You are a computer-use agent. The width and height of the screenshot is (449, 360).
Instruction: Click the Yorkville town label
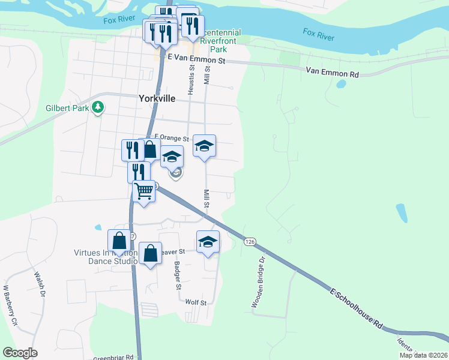157,99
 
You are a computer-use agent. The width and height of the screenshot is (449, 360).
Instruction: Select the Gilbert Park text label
67,109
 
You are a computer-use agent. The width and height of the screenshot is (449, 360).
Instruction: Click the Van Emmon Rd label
332,73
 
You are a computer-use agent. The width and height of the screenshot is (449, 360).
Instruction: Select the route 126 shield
250,241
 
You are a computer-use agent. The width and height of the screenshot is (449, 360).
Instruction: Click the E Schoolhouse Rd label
356,307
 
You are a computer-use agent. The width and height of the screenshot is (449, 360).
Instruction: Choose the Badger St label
178,275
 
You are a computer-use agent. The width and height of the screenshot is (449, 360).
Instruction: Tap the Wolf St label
196,303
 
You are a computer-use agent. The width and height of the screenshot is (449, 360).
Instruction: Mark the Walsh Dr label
40,284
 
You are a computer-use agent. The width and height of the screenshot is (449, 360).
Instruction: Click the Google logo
20,353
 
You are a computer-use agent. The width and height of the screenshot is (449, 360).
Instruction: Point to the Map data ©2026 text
423,355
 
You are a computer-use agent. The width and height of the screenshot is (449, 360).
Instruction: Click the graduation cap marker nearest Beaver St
208,241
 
